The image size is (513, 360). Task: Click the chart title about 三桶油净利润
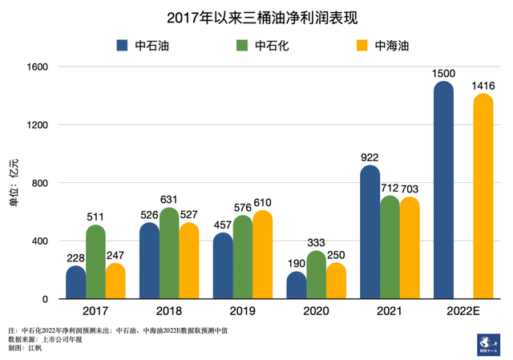tap(256, 18)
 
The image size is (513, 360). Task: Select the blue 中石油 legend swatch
tap(123, 46)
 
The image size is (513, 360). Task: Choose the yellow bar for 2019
tap(262, 255)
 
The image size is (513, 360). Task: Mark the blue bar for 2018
tap(149, 261)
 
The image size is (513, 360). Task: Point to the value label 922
tap(370, 158)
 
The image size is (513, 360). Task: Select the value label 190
tap(296, 264)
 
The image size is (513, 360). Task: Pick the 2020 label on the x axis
tap(316, 310)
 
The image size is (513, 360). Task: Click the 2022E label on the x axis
tap(463, 310)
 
